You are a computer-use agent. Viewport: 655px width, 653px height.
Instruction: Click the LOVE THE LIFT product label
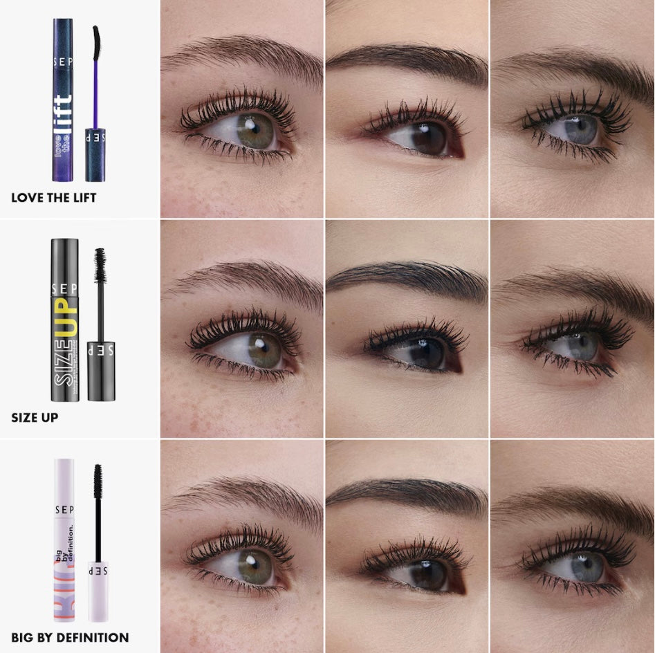click(53, 198)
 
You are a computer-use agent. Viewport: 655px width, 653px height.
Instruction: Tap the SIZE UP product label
click(35, 418)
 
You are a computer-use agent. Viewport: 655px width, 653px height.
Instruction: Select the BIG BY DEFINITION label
click(70, 637)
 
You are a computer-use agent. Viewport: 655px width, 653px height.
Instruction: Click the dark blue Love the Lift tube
click(63, 104)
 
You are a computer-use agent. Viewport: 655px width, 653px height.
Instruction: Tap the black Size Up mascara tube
click(64, 320)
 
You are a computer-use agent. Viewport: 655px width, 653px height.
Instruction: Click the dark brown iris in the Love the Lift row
click(427, 137)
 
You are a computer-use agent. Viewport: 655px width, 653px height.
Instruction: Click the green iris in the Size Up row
click(262, 349)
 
